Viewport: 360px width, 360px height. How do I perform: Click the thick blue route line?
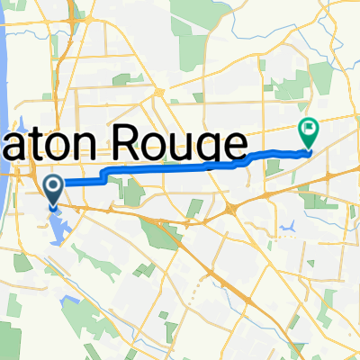click(x=162, y=169)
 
